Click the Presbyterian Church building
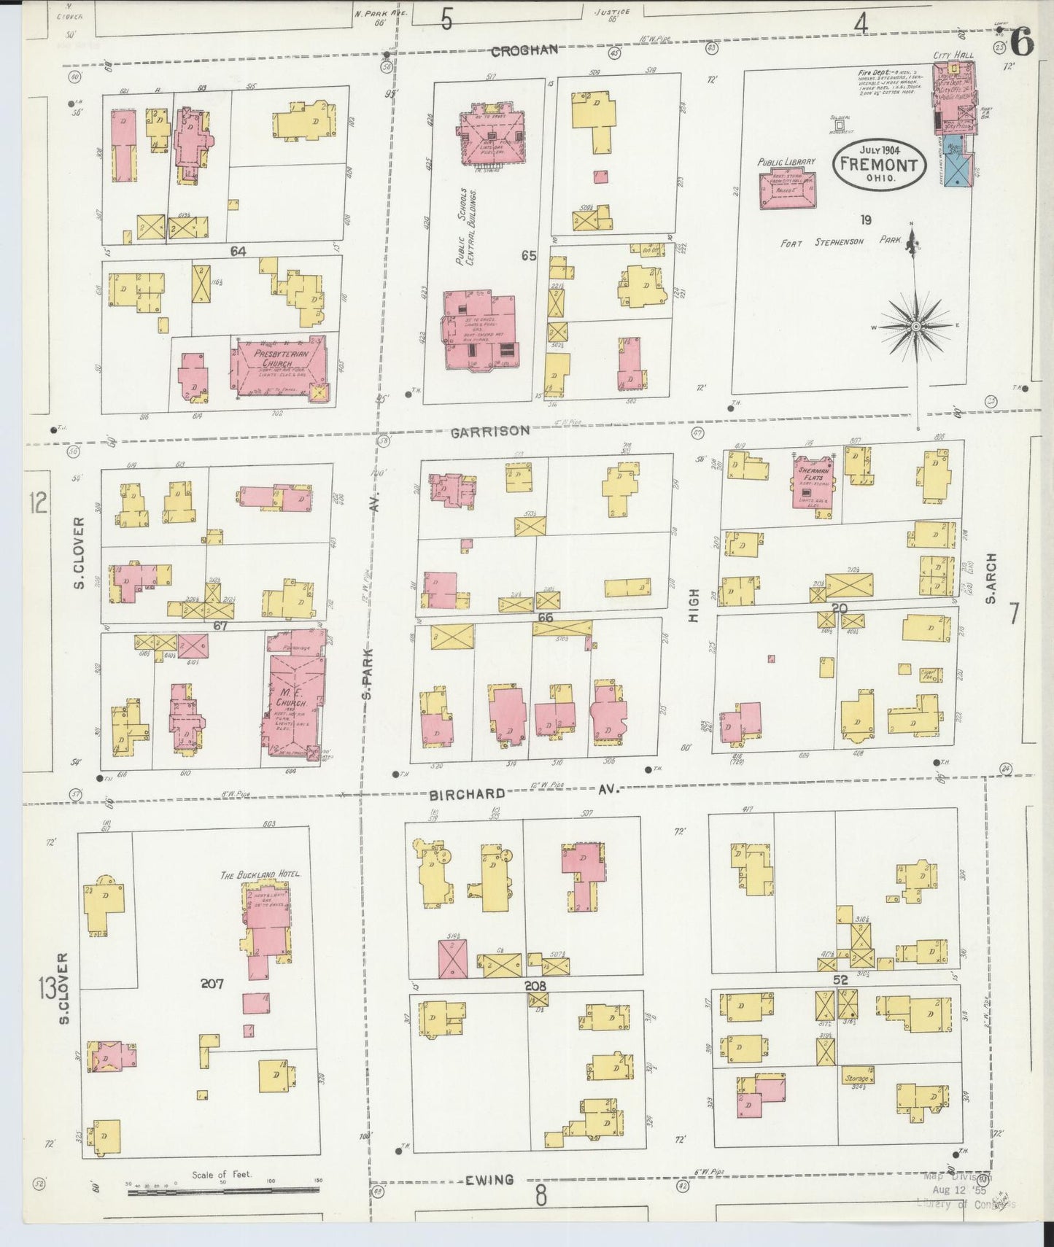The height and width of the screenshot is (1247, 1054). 282,368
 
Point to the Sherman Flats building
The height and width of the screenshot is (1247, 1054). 813,483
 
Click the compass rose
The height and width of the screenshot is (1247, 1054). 915,326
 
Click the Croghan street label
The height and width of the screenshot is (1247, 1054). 524,50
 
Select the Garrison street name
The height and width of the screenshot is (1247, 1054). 489,431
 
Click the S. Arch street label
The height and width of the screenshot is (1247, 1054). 990,578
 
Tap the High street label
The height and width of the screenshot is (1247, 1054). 694,605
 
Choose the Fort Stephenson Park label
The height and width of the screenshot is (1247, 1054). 841,243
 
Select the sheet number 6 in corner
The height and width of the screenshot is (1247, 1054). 1021,44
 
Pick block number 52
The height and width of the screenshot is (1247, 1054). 840,980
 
